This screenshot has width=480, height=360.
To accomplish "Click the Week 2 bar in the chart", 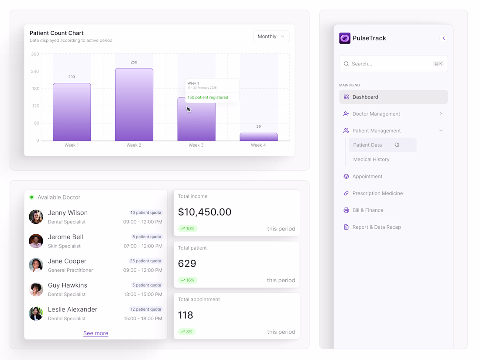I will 134,105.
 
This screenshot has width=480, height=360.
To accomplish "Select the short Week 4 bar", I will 258,137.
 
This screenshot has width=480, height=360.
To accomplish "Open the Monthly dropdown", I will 271,37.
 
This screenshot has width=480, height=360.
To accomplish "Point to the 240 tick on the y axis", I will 35,72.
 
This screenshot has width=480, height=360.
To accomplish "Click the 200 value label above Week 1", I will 72,77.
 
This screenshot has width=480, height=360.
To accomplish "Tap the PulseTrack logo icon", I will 345,38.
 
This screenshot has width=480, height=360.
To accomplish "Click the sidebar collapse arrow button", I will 444,38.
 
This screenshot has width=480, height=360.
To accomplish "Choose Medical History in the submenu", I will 371,160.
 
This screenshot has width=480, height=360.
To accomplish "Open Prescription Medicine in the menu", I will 377,193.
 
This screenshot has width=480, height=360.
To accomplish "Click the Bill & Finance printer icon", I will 346,210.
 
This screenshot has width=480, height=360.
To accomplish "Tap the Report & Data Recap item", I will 376,227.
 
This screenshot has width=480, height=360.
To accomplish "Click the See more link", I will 96,333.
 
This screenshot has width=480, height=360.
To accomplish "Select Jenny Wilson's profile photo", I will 36,217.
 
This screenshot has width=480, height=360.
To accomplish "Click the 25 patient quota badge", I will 145,261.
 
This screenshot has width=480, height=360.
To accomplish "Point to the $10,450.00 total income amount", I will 205,212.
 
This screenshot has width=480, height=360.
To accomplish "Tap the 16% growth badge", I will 188,280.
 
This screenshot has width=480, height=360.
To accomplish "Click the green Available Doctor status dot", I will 31,197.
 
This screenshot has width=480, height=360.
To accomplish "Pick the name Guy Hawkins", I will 68,285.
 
